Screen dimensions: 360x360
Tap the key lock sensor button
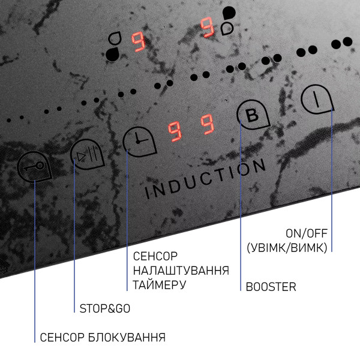click(34, 167)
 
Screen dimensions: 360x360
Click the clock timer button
click(139, 142)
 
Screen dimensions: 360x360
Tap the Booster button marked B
click(253, 115)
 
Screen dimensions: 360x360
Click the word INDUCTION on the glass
click(205, 178)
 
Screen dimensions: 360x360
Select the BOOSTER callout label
click(271, 287)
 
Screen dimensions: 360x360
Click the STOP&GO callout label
click(104, 308)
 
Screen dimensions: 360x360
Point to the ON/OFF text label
click(306, 233)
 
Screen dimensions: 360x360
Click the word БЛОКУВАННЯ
click(127, 337)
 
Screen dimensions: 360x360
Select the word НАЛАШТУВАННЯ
click(181, 271)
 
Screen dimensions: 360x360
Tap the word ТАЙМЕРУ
click(160, 285)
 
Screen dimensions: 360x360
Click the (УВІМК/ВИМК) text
click(287, 248)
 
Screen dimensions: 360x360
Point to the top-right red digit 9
click(208, 27)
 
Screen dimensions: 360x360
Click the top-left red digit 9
click(138, 42)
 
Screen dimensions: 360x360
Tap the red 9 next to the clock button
click(175, 131)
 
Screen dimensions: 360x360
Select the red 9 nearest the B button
click(208, 124)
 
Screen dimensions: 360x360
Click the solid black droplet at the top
click(229, 13)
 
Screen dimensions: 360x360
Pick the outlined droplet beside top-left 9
click(115, 38)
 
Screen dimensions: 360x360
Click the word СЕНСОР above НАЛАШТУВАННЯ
click(155, 256)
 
